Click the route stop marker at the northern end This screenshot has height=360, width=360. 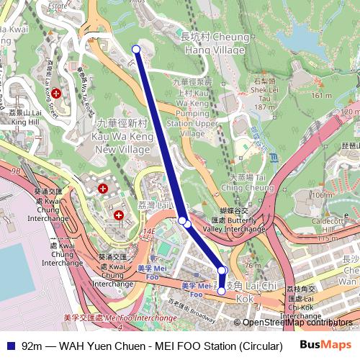coord(136,49)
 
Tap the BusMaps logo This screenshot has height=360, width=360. coord(325,345)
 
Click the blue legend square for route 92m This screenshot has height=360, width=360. coord(9,346)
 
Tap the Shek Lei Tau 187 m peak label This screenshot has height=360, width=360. coord(264,94)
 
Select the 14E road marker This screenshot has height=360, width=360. coord(149,231)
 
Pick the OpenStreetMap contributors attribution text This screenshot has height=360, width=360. coord(297,323)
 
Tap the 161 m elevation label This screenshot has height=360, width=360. coord(321,95)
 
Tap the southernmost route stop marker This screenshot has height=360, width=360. coord(222,292)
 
